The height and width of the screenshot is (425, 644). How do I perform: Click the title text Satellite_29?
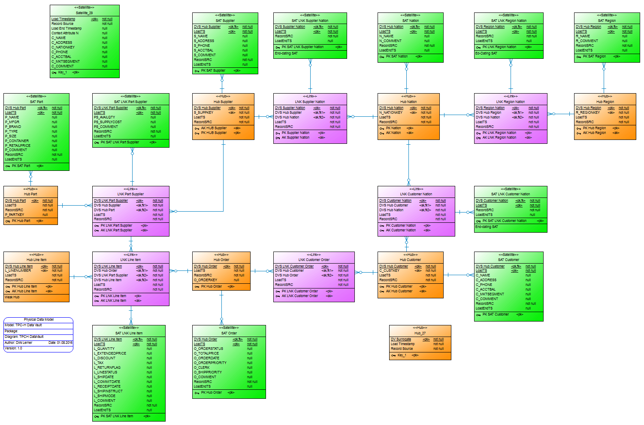(84, 13)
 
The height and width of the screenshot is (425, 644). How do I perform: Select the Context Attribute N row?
(65, 33)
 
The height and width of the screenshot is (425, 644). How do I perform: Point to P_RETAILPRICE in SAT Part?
(18, 146)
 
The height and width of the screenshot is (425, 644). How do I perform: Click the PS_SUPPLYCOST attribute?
(108, 122)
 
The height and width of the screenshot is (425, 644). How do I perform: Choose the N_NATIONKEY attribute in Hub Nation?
(391, 112)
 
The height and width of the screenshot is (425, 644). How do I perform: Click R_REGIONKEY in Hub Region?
(588, 112)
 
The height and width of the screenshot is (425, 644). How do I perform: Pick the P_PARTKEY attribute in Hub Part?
(15, 215)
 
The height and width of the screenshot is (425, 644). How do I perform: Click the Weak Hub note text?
(12, 297)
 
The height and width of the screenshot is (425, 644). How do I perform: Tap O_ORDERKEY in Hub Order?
(206, 280)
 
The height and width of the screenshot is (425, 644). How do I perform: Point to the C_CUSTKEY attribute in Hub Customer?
(389, 270)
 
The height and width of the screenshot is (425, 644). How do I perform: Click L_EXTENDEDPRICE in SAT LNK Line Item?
(110, 353)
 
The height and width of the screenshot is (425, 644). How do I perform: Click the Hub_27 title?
(420, 333)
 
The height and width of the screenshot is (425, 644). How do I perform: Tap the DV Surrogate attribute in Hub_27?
(401, 339)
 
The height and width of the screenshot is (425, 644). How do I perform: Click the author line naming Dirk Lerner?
(18, 343)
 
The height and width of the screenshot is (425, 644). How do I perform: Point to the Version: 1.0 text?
(13, 348)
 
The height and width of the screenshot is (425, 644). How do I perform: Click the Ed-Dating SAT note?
(486, 54)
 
